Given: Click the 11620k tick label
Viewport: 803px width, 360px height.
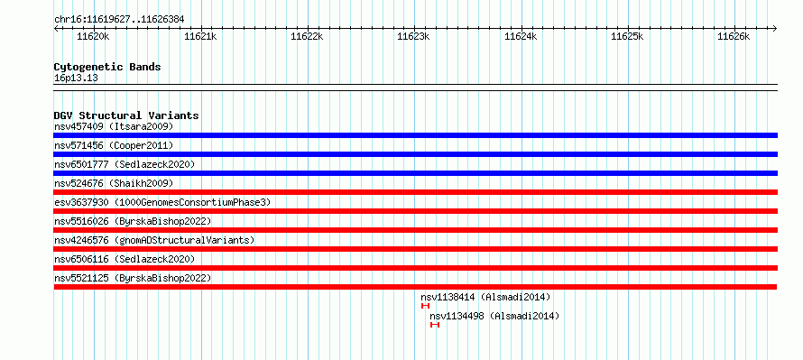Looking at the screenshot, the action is [x=93, y=36].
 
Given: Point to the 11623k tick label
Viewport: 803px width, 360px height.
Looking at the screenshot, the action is [x=414, y=36].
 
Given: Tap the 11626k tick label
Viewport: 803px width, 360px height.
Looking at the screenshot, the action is [x=734, y=36].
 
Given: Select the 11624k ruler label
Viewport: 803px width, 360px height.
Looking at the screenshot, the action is [x=521, y=36].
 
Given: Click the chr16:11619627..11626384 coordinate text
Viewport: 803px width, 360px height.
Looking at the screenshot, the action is [x=119, y=20].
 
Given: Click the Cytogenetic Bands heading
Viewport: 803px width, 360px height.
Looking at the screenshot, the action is [x=107, y=67].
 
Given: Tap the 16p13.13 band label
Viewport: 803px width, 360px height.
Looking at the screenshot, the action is [x=76, y=78].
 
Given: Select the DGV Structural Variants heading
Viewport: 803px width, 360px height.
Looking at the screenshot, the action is [x=126, y=115].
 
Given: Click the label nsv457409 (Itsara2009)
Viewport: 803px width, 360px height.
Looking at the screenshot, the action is [x=114, y=126].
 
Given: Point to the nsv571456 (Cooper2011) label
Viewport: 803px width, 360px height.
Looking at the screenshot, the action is [x=114, y=145].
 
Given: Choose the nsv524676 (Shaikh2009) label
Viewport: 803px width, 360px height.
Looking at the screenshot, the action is [x=114, y=183].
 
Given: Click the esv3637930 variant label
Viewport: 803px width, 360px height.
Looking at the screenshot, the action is [x=162, y=202].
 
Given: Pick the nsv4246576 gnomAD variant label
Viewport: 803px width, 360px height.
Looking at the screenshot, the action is [x=154, y=240].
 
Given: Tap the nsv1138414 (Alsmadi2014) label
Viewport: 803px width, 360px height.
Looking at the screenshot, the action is [x=485, y=297].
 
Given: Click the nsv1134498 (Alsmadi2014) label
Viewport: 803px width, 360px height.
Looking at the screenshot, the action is [x=494, y=316].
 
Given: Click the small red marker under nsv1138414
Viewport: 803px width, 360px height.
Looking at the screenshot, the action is [x=425, y=306].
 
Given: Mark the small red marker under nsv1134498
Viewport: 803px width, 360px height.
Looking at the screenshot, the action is [x=435, y=325].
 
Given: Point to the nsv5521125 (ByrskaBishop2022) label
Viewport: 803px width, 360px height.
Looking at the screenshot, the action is [x=133, y=278].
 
